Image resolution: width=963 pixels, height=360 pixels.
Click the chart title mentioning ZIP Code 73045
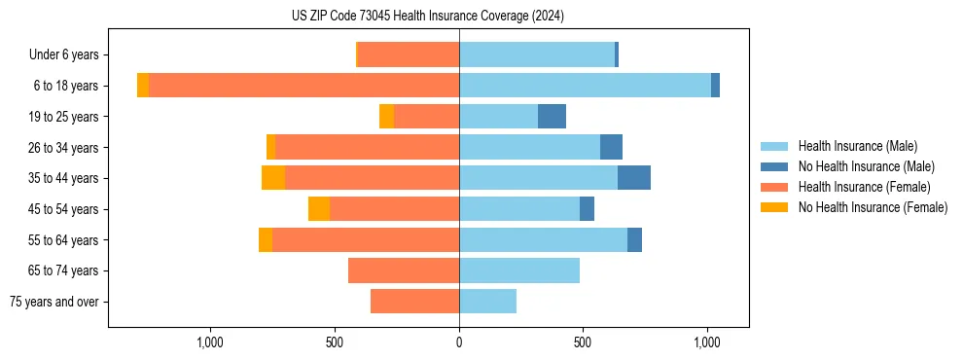click(427, 17)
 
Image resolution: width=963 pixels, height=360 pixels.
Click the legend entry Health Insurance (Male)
click(852, 146)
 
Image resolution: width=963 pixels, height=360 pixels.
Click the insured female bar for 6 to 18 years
click(303, 86)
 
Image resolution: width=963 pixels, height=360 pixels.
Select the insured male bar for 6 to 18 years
click(585, 86)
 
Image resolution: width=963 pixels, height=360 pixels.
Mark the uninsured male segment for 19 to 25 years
click(552, 117)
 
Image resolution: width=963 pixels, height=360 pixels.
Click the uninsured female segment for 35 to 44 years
click(273, 178)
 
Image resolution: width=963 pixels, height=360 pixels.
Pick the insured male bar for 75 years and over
click(487, 302)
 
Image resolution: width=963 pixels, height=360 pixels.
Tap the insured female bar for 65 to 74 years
click(404, 270)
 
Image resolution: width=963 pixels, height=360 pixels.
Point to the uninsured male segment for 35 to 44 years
click(634, 178)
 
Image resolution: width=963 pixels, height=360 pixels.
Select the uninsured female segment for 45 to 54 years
click(319, 209)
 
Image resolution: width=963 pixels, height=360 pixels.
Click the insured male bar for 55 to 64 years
click(543, 239)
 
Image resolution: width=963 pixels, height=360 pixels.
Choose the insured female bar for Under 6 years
click(409, 55)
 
